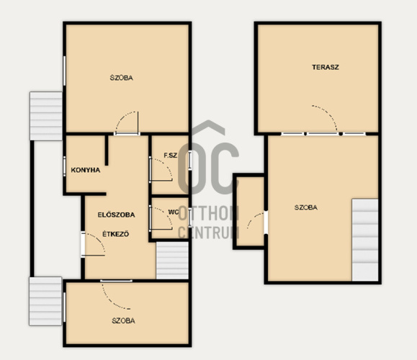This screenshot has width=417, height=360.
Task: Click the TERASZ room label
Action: click(326, 67)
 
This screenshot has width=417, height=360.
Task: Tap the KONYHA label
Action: click(86, 170)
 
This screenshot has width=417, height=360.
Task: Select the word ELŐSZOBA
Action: click(116, 215)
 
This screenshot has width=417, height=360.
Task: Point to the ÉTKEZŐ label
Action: click(116, 234)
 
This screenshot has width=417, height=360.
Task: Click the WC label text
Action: click(173, 212)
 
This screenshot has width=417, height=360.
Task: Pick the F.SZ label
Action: click(170, 156)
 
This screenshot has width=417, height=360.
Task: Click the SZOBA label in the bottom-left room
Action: click(123, 320)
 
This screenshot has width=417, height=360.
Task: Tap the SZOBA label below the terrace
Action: click(306, 207)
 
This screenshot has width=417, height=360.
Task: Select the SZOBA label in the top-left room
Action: click(121, 78)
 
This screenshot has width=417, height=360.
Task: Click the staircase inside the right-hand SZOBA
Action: click(365, 240)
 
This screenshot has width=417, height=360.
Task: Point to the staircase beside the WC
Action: click(172, 261)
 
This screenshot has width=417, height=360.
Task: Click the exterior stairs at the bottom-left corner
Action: click(45, 301)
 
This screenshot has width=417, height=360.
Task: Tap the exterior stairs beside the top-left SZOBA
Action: click(46, 116)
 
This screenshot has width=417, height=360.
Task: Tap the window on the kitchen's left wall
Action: click(64, 166)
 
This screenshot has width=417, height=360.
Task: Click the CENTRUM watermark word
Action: click(208, 233)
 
